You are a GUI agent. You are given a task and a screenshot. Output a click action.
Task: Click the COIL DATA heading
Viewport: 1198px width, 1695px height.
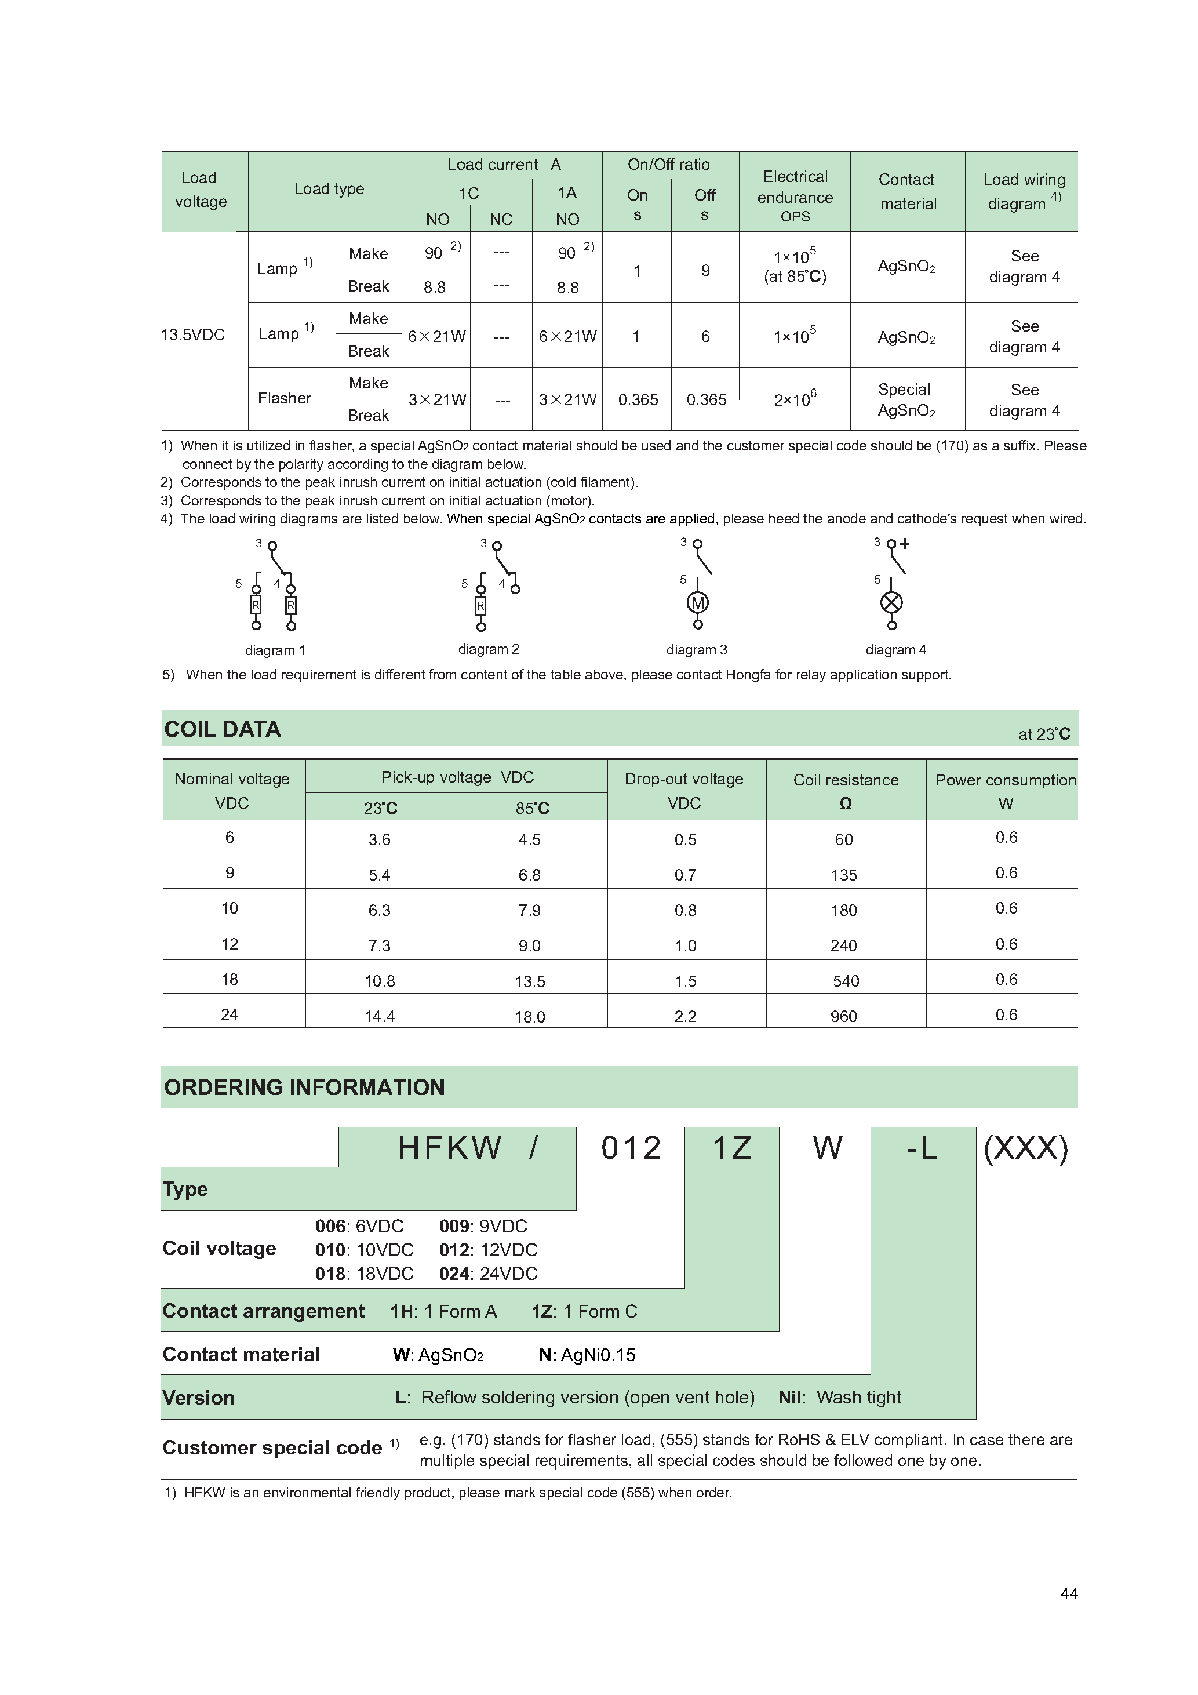pyautogui.click(x=222, y=729)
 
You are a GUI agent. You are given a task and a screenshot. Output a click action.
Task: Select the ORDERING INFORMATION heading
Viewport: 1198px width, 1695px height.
pyautogui.click(x=304, y=1087)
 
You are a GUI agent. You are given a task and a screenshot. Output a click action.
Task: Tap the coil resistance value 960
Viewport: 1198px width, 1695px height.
pyautogui.click(x=844, y=1017)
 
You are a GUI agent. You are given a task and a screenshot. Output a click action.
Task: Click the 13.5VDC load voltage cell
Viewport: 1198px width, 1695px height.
pyautogui.click(x=192, y=335)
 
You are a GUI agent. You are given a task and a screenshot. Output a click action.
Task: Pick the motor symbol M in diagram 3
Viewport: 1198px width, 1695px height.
pyautogui.click(x=698, y=603)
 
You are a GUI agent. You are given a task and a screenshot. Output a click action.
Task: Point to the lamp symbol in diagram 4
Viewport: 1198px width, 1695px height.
pyautogui.click(x=891, y=602)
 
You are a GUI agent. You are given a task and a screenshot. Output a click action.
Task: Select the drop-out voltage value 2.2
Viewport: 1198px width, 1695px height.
pyautogui.click(x=685, y=1017)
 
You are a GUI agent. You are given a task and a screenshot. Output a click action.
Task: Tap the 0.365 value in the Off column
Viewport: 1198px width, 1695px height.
pyautogui.click(x=707, y=400)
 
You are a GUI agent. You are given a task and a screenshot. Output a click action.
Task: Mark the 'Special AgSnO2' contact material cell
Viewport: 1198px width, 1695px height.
pyautogui.click(x=906, y=400)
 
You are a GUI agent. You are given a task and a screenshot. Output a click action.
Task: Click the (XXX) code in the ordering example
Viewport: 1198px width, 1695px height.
pyautogui.click(x=1026, y=1148)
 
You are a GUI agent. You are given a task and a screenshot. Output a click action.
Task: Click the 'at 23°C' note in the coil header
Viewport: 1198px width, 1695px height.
pyautogui.click(x=1044, y=734)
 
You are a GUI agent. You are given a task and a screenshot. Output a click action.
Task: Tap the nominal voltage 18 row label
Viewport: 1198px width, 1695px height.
pyautogui.click(x=230, y=980)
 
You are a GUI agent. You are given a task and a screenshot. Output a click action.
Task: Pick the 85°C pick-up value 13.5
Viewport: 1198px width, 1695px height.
pyautogui.click(x=530, y=982)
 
